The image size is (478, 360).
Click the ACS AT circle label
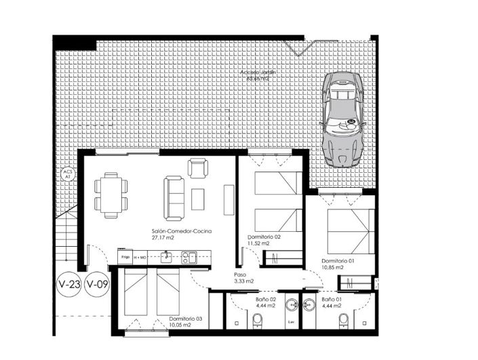[67, 174]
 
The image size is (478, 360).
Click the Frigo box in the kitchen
[125, 257]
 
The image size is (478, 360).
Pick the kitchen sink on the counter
[191, 256]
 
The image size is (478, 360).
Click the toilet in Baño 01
[343, 319]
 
